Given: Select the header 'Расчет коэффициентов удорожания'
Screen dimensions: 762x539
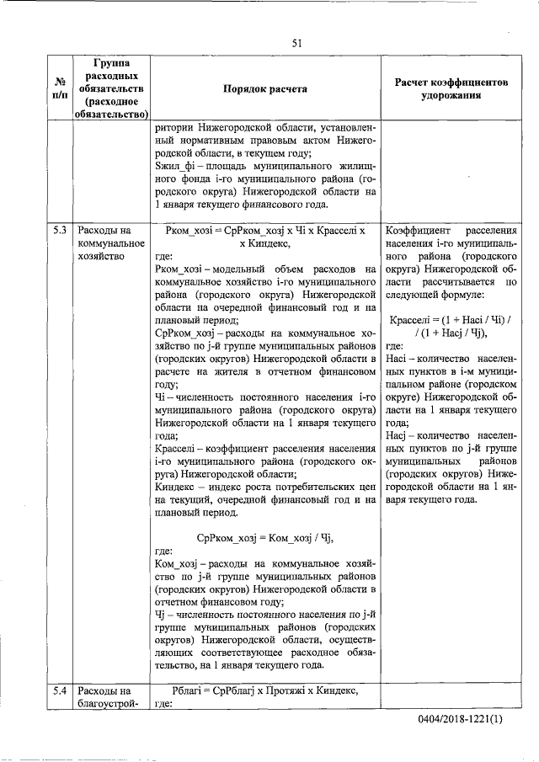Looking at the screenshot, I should point(451,88).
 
